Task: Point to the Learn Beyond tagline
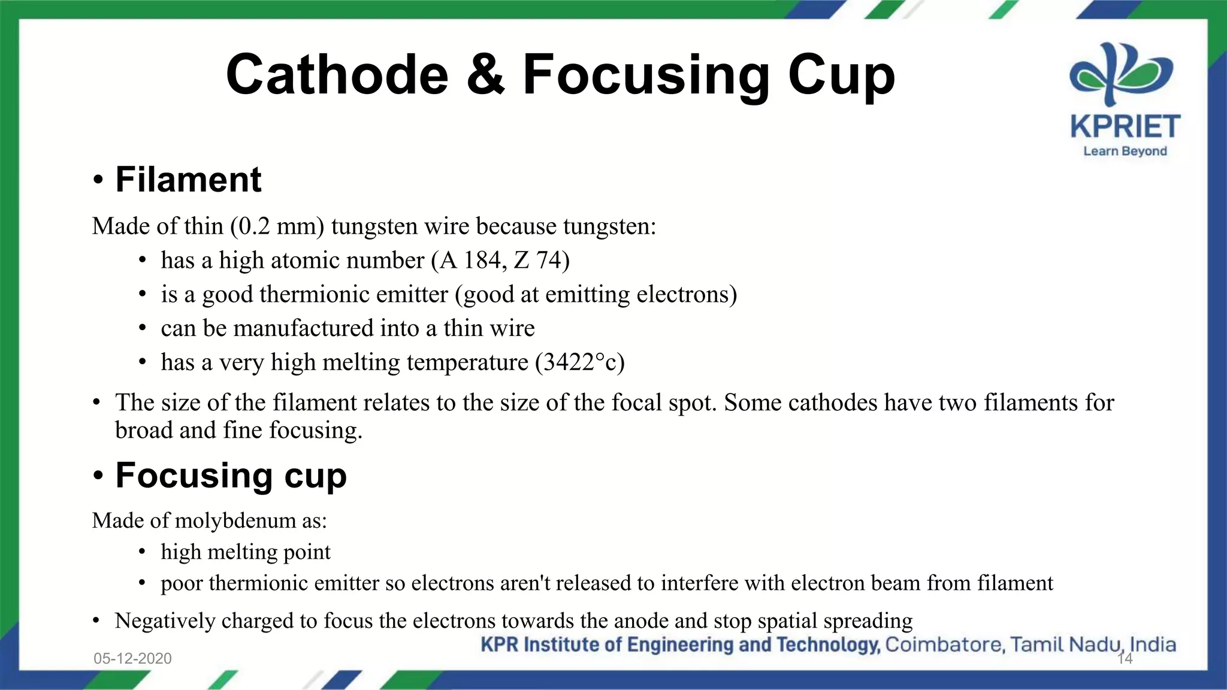1125,151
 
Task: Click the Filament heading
188,179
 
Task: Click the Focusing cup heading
231,476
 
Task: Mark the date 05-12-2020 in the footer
132,658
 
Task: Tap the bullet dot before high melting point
142,552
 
